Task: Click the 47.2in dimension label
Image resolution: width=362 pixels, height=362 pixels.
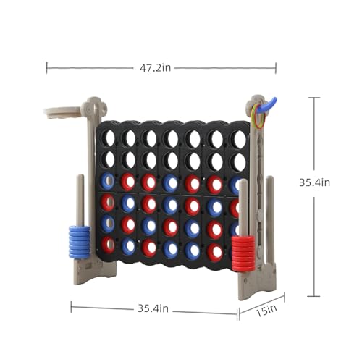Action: [155, 68]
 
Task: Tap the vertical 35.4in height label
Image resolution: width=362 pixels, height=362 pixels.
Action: [314, 182]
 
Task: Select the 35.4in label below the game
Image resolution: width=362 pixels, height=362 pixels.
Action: [153, 308]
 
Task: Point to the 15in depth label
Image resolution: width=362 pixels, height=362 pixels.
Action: [266, 311]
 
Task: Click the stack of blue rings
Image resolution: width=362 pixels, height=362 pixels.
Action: [79, 242]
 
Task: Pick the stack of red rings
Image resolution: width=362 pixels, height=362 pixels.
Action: [243, 253]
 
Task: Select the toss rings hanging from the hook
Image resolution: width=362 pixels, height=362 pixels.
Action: [258, 116]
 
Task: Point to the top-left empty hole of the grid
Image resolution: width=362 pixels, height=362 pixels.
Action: [109, 138]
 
